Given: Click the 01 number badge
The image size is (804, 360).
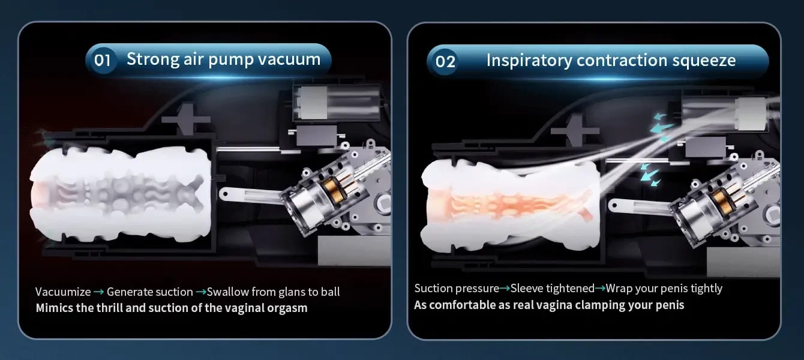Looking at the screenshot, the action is pos(102,60).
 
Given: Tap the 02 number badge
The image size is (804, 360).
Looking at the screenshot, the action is pos(445,61).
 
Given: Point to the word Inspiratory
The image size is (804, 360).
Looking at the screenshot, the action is pos(529,61).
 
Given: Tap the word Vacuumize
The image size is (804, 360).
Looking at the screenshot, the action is pos(63,292).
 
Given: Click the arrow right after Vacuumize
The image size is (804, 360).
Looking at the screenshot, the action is pos(99,292).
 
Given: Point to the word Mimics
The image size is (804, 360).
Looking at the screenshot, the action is pos(55,308).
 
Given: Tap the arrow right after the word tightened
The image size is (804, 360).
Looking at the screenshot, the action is pos(600,288).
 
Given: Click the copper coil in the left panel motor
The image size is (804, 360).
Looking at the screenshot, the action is pos(330,188).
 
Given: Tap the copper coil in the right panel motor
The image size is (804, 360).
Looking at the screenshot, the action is pos(721,199).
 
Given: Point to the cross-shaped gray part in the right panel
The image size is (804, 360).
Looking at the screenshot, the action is pos(575,131).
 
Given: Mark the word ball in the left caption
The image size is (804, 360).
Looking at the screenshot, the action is pos(330,292).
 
